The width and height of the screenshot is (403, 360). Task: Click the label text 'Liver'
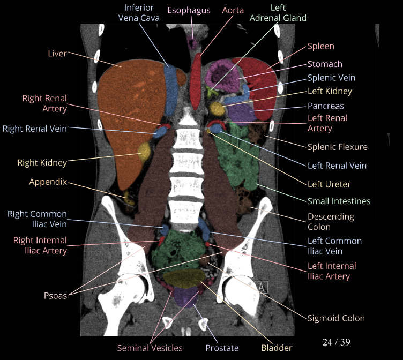pos(57,53)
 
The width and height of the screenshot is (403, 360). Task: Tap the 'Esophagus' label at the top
pos(189,10)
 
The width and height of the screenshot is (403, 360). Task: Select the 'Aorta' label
pos(233,10)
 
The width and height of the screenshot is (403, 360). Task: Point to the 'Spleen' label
pos(321,47)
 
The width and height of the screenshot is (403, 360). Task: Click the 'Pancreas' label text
pos(325,106)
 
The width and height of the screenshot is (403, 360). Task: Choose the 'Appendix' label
pos(48,182)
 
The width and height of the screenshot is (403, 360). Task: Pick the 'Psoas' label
pos(56,295)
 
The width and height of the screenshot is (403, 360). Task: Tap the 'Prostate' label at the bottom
pos(222,348)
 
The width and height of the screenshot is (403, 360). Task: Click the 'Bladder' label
pos(277,348)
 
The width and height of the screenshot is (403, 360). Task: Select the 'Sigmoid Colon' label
pos(336,318)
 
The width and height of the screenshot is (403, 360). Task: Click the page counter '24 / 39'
pos(337,342)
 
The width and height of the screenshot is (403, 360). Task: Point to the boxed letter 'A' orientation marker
pos(262,287)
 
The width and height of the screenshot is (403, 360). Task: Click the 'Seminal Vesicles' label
pos(150,348)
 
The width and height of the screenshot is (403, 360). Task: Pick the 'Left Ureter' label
pos(329,184)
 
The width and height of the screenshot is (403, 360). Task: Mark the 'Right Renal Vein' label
pos(35,129)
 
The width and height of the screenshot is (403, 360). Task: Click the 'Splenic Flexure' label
pos(338,147)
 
